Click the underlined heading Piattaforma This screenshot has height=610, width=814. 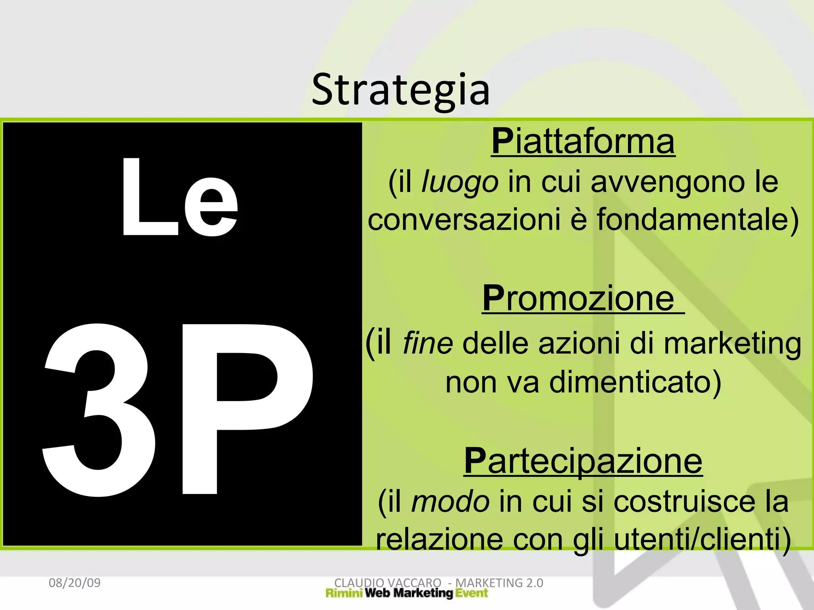[583, 142]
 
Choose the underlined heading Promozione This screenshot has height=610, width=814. [578, 299]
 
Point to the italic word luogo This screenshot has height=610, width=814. [459, 182]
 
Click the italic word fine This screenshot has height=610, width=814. [428, 343]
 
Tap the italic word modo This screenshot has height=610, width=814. [450, 502]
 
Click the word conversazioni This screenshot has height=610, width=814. [464, 220]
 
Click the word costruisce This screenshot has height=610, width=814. [683, 502]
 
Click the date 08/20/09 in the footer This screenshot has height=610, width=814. [75, 583]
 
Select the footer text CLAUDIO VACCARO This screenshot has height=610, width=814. [388, 582]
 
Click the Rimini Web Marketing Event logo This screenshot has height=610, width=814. [407, 593]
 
